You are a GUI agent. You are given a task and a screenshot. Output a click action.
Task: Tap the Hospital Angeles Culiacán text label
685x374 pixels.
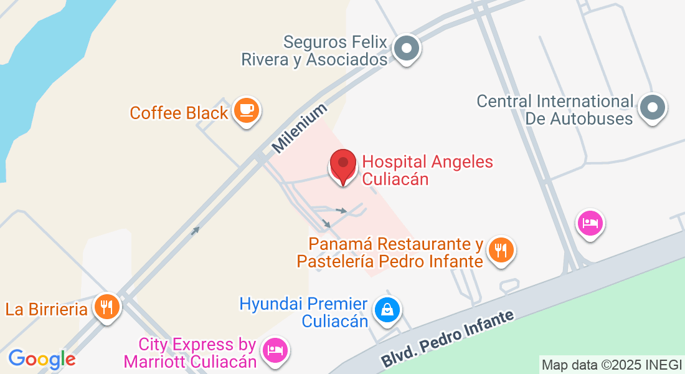pos(427,170)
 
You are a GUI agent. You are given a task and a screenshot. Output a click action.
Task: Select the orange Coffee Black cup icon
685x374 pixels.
pos(247,111)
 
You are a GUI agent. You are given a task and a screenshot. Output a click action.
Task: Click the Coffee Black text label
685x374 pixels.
pos(179,113)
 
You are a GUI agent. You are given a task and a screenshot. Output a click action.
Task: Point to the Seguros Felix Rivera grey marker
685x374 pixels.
pos(407,48)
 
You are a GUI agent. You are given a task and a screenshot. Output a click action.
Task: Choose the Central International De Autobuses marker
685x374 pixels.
pos(653,108)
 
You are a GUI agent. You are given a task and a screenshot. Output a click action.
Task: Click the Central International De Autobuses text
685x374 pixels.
pos(555,110)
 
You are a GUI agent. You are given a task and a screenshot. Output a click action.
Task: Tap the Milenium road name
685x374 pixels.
pos(300,128)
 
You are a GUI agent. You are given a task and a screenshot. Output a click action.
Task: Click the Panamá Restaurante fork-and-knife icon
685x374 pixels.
pos(501,251)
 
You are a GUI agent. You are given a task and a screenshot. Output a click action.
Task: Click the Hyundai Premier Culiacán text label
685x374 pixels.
pos(304,312)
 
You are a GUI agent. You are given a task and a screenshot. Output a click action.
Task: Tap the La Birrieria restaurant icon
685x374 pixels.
pos(106,306)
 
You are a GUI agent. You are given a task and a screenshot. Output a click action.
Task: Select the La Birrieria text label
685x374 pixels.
pos(46,309)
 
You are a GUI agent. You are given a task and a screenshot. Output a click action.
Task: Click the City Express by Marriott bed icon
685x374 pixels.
pos(274,350)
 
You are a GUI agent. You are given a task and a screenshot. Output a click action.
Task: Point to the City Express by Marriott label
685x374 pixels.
pos(190,353)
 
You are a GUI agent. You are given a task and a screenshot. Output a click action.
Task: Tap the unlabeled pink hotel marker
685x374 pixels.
pos(590,223)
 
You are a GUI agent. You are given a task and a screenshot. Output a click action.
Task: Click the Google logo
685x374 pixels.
pos(42,358)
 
